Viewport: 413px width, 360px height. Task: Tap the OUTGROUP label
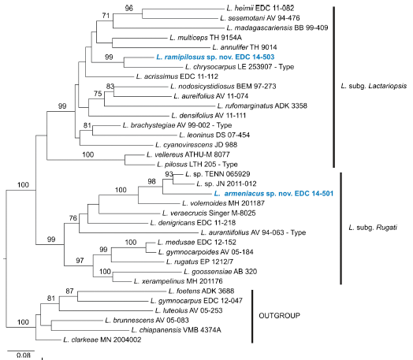point(279,316)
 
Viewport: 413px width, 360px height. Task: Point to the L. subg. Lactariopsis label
point(374,86)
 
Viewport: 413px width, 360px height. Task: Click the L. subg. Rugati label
point(373,228)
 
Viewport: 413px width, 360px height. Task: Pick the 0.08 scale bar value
point(24,355)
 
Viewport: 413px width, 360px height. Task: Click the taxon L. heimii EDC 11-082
point(260,8)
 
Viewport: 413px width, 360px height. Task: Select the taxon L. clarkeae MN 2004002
point(102,340)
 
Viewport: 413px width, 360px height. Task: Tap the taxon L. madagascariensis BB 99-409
point(277,28)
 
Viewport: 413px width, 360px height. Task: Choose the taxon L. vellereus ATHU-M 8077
point(188,154)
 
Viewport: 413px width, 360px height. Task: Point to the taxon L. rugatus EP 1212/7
point(199,262)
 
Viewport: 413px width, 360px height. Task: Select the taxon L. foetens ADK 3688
point(201,291)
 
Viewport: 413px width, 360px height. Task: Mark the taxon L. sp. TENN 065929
point(218,174)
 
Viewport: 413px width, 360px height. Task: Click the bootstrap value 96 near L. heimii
point(128,8)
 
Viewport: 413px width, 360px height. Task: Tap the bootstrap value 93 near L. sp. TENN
point(169,174)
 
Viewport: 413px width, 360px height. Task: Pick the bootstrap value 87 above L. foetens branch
point(69,291)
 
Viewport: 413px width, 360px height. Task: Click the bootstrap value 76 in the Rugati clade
point(73,218)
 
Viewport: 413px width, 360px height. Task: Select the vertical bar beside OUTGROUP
point(252,317)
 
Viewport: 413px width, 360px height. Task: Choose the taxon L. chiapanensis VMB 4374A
point(177,330)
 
